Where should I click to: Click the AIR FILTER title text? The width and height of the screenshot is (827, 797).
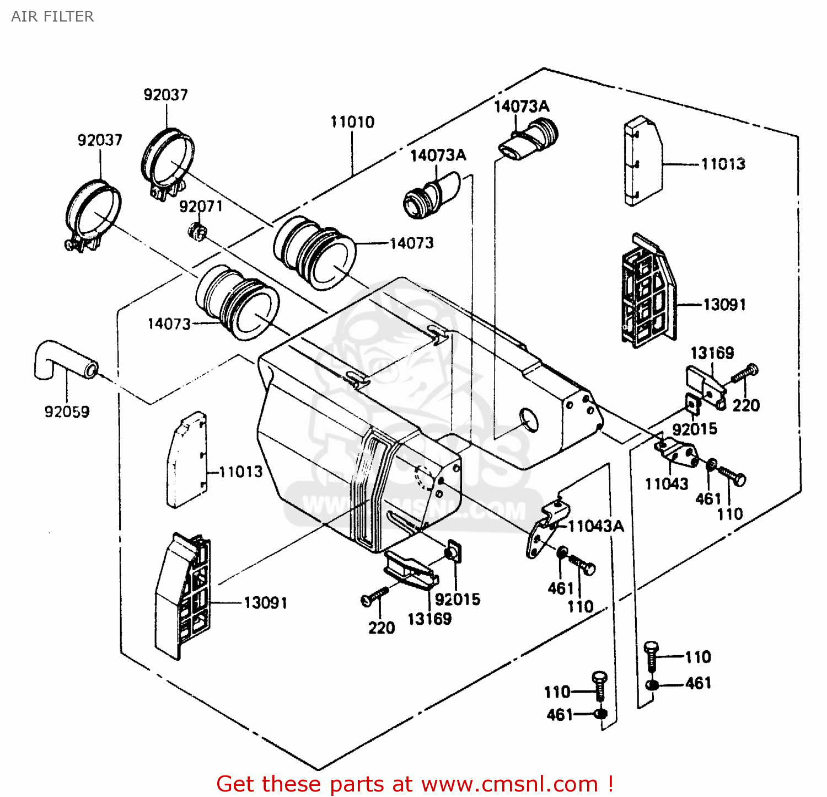coord(52,17)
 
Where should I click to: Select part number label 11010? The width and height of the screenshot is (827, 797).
coord(352,122)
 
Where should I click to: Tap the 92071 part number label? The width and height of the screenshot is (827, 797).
coord(201,206)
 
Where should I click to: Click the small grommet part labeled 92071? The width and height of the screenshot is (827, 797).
coord(196,231)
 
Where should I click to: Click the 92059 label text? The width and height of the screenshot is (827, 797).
coord(67,412)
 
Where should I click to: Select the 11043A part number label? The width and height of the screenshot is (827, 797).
coord(596,526)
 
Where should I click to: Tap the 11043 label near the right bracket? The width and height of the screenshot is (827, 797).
coord(667,484)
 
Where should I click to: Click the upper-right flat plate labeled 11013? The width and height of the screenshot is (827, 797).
coord(642,161)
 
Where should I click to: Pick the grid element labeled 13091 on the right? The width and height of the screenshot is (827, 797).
coord(648,293)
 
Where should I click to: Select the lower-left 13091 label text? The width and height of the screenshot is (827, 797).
coord(265,603)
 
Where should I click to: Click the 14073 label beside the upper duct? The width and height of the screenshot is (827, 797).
coord(411,243)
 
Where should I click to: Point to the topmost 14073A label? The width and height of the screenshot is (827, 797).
coord(521,107)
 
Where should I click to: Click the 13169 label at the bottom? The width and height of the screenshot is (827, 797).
coord(429,619)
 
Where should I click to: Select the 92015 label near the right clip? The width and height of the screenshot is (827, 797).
coord(695,429)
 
